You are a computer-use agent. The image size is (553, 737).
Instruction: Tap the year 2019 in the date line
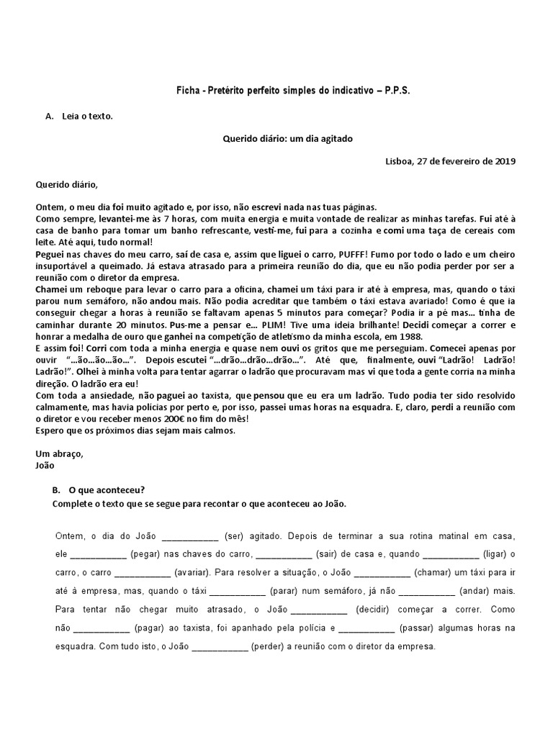tap(505, 161)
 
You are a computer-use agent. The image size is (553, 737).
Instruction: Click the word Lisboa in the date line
tap(400, 161)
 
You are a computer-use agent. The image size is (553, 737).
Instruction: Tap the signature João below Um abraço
tap(45, 465)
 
